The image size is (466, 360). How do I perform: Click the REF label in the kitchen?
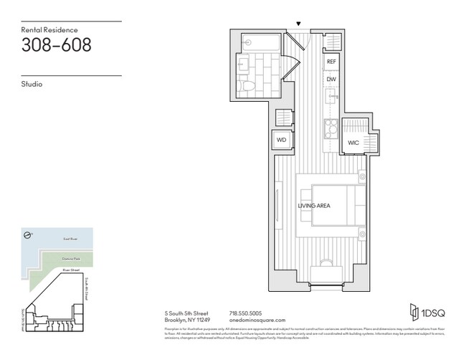point(331,62)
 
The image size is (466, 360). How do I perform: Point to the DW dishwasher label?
point(331,79)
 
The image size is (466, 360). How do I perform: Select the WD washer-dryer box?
point(282,141)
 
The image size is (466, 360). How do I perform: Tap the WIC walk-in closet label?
point(353,143)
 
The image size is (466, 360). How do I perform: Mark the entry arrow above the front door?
point(299,24)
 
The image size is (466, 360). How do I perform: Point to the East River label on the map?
point(65,236)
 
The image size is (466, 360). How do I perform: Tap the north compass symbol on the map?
point(26,235)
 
